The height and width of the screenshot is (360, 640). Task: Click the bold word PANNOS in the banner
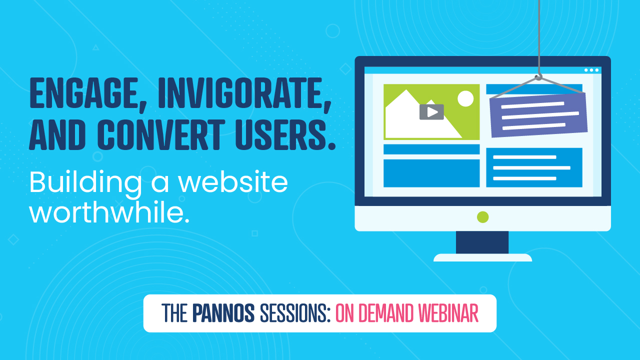coord(223,313)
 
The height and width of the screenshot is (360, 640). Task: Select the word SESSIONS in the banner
coord(295,313)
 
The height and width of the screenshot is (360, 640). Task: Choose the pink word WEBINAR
coord(448,313)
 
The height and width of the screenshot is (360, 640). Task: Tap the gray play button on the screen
coord(431,112)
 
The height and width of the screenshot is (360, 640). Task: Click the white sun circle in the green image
coord(465,98)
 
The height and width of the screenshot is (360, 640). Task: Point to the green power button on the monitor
coord(482,217)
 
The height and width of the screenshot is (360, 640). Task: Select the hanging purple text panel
coord(538,115)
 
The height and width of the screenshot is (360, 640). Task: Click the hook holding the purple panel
coord(538,76)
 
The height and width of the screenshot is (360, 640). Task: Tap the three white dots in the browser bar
coord(591,70)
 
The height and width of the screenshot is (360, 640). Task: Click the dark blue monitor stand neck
coord(482,242)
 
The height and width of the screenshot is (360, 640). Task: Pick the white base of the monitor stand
coord(482,257)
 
